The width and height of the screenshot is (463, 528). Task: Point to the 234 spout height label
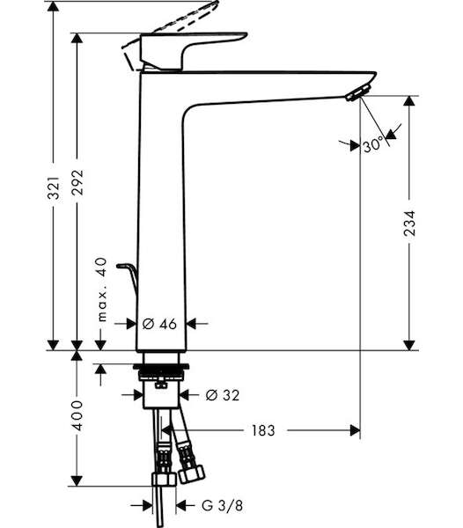pos(410,223)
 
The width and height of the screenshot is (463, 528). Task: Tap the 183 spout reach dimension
pos(263,430)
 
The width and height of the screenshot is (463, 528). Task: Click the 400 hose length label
pos(77,415)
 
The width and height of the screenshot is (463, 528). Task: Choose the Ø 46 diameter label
pos(159,324)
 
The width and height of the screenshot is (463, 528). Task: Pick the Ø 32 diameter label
pos(223,395)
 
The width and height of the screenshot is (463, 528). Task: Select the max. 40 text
pos(101,290)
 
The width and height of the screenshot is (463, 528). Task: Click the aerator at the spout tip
pos(358,92)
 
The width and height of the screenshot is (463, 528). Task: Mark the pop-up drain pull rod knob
pos(123,266)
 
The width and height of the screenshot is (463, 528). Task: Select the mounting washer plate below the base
pos(161,366)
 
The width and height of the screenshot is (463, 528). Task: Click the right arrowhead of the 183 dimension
pos(356,430)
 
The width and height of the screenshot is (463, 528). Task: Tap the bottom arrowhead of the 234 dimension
pos(409,345)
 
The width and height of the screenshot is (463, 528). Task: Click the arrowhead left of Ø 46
pos(132,324)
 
